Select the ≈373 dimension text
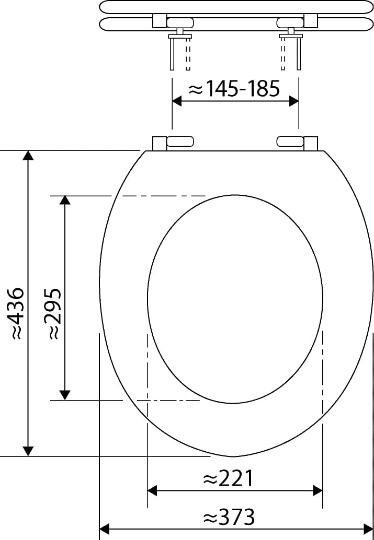229,516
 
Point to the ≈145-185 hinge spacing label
234,89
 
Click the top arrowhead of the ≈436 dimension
28,155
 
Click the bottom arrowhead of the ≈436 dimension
28,451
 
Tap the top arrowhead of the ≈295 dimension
65,200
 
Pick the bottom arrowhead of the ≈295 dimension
65,395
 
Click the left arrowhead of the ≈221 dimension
152,490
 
